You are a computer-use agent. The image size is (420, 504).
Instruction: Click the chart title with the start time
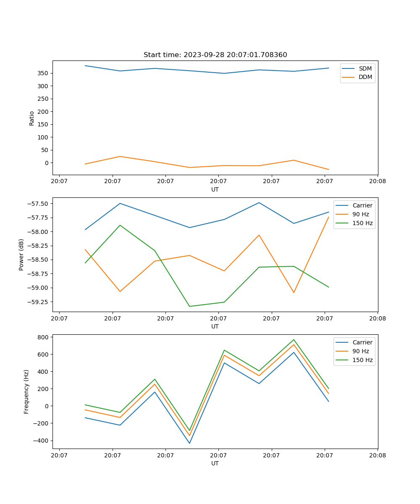[215, 55]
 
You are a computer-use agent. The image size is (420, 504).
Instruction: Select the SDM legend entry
[365, 68]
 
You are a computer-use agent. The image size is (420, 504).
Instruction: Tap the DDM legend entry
[365, 77]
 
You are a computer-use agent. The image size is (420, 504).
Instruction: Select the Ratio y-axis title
[32, 118]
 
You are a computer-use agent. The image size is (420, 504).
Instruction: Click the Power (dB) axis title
[21, 255]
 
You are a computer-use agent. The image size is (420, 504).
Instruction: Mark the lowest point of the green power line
[189, 306]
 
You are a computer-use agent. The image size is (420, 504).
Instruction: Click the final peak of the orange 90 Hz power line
[328, 217]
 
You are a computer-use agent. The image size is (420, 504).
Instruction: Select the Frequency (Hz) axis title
[26, 391]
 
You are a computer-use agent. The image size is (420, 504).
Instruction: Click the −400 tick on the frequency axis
[42, 441]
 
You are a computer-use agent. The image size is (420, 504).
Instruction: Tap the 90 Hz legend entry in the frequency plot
[360, 351]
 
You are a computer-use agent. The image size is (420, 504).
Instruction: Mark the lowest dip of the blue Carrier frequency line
[189, 443]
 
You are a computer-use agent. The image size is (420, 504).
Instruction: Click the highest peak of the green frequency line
[294, 340]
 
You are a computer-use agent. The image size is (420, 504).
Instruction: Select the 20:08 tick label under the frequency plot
[377, 454]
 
